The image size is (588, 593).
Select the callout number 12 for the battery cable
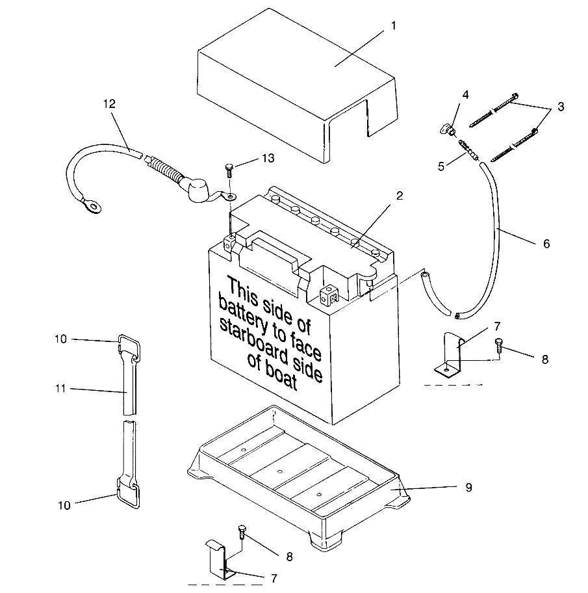click(x=109, y=103)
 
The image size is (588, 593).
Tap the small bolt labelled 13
click(x=229, y=169)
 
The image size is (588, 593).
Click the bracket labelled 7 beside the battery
click(x=452, y=354)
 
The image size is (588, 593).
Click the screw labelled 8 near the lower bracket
click(x=242, y=533)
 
